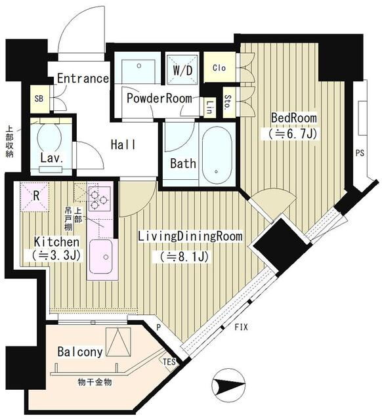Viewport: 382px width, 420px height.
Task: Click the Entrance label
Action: pyautogui.click(x=83, y=79)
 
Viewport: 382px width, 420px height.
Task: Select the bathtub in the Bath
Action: pyautogui.click(x=217, y=156)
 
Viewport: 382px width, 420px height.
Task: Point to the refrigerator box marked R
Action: pyautogui.click(x=35, y=196)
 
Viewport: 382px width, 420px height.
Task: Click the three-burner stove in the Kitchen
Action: pyautogui.click(x=99, y=198)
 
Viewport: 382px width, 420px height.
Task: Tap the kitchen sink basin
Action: pyautogui.click(x=100, y=257)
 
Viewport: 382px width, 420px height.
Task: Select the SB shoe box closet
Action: pyautogui.click(x=39, y=99)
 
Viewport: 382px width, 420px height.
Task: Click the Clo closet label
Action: pyautogui.click(x=219, y=68)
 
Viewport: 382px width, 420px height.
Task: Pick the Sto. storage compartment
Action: pyautogui.click(x=229, y=102)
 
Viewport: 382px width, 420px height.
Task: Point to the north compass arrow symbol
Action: pyautogui.click(x=228, y=385)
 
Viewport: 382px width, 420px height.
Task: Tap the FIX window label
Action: pyautogui.click(x=241, y=327)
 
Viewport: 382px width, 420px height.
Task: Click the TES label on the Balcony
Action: pyautogui.click(x=169, y=362)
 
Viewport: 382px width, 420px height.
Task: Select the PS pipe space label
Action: pyautogui.click(x=360, y=153)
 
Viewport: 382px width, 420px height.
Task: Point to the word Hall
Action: pyautogui.click(x=123, y=144)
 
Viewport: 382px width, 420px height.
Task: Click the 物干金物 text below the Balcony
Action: pyautogui.click(x=95, y=382)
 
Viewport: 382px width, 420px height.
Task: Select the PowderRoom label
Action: pyautogui.click(x=159, y=98)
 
